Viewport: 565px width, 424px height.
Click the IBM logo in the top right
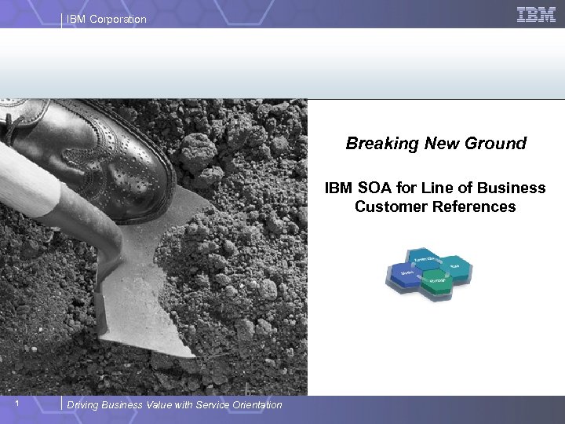(537, 14)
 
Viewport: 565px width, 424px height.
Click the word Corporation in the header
(118, 19)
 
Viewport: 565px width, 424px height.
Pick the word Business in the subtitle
(514, 188)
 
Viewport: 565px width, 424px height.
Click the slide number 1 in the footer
(26, 404)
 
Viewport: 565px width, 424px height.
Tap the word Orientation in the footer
(253, 405)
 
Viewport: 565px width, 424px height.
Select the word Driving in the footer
(84, 405)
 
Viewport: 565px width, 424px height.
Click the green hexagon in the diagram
(438, 282)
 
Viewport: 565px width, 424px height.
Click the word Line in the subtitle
(425, 188)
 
